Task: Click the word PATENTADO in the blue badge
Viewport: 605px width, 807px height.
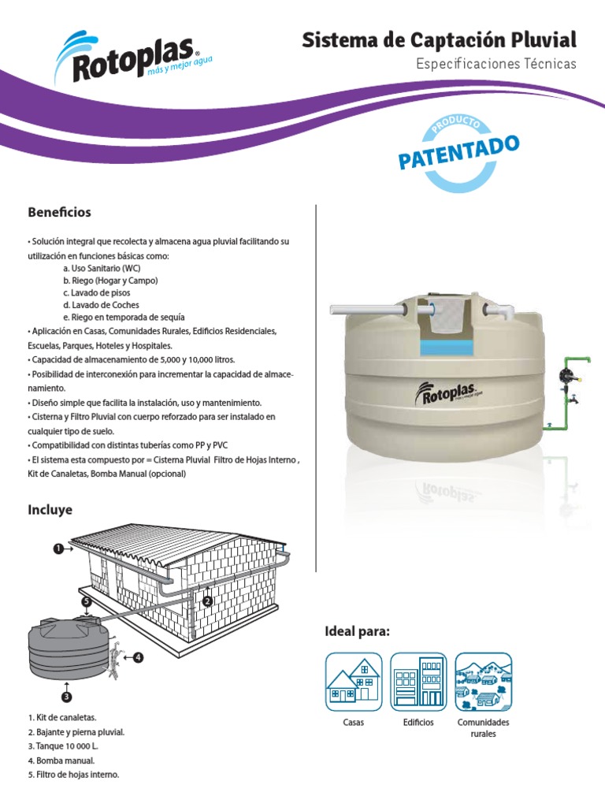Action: coord(459,152)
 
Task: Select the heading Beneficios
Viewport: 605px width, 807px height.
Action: coord(60,213)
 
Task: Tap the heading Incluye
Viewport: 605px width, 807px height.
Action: coord(50,510)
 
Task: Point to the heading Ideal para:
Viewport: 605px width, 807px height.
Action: coord(358,631)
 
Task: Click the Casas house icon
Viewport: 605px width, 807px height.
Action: coord(354,682)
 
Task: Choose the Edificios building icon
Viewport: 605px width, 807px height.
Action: coord(418,682)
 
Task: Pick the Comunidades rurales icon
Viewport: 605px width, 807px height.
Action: coord(483,682)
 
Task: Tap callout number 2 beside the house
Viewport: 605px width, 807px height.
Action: coord(208,601)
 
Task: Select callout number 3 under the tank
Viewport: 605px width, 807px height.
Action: coord(66,697)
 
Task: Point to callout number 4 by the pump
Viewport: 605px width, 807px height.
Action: coord(138,656)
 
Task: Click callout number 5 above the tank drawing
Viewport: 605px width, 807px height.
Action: coord(87,601)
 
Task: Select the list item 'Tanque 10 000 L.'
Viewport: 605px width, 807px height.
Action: coord(62,746)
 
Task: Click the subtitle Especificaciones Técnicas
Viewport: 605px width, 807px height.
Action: coord(496,64)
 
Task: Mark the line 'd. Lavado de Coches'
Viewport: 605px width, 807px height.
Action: coord(101,305)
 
